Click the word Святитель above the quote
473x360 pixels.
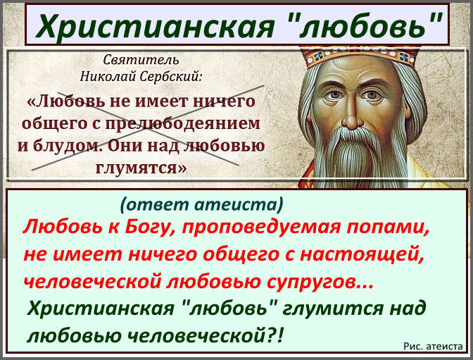click(141, 60)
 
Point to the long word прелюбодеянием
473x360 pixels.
click(182, 124)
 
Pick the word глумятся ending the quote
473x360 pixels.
click(141, 168)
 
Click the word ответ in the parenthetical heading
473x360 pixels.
click(156, 204)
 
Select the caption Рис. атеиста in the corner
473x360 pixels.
click(433, 346)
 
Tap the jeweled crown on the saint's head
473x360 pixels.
click(361, 56)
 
